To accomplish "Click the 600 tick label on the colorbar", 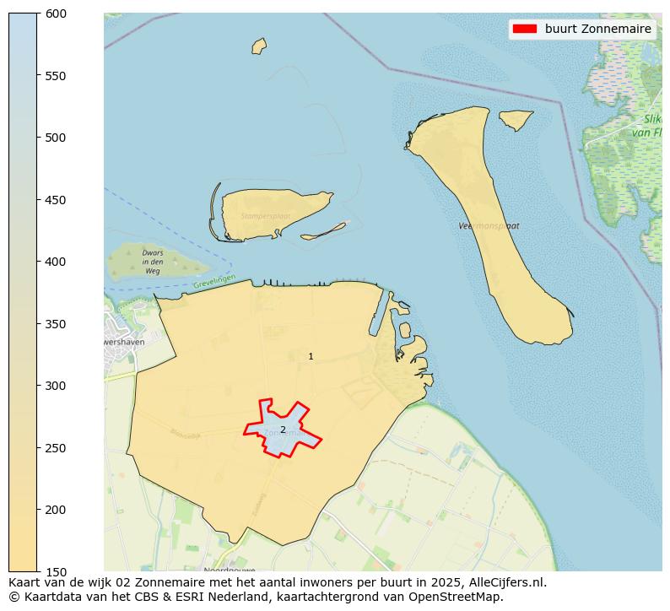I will coord(56,14).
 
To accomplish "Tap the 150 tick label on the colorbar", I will coord(56,571).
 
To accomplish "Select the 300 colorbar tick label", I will coord(56,386).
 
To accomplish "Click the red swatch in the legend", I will coord(524,29).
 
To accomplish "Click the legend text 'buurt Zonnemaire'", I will coord(597,29).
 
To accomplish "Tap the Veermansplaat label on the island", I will coord(489,226).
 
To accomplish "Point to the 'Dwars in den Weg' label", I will coord(152,262).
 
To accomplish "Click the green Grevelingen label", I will coord(213,282).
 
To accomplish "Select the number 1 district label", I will coord(311,356).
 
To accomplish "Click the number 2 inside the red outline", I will coord(283,430).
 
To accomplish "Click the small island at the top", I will coord(259,46).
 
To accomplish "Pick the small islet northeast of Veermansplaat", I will coord(516,119).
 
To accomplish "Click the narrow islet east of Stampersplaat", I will coord(324,230).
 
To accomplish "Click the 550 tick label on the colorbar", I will coord(56,76).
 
